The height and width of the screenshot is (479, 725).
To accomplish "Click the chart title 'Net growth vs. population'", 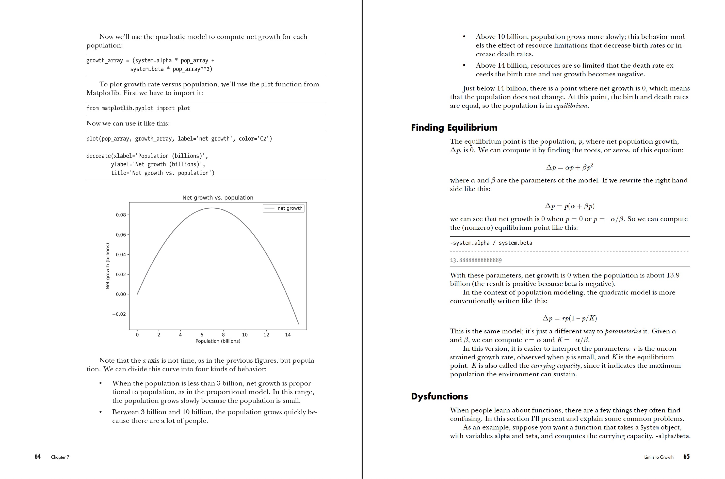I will tap(218, 198).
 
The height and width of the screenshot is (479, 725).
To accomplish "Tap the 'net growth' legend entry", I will tap(284, 208).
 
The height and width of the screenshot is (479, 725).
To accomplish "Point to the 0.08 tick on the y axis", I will tap(121, 215).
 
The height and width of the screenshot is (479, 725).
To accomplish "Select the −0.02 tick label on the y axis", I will tap(119, 314).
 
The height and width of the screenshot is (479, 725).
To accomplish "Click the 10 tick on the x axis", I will tap(245, 335).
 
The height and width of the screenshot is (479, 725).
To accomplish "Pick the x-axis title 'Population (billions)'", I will tap(218, 341).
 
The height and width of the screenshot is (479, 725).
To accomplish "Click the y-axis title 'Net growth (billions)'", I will tap(107, 266).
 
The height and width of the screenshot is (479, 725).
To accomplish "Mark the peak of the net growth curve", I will tap(212, 208).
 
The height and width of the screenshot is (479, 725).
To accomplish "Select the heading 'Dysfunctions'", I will tap(439, 396).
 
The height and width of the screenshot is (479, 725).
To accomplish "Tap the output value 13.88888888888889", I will tap(476, 260).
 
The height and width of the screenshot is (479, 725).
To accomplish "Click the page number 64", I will tap(38, 456).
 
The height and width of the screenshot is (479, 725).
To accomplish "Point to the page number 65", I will tap(686, 456).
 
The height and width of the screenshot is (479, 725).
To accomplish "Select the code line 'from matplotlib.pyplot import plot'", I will tap(138, 108).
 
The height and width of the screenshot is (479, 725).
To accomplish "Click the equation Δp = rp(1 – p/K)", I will tap(570, 318).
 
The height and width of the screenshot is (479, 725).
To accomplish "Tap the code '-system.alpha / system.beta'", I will tap(491, 243).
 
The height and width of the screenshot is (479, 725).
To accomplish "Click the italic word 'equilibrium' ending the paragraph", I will tap(570, 106).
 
